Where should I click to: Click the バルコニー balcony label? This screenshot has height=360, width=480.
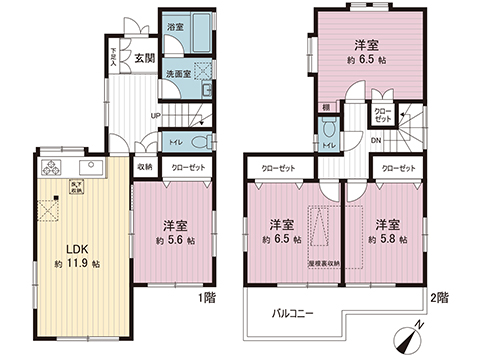click(293, 313)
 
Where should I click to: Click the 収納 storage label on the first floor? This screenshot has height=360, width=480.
click(144, 168)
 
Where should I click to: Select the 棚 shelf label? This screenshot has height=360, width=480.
click(327, 106)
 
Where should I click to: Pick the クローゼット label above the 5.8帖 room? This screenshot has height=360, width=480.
click(399, 169)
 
